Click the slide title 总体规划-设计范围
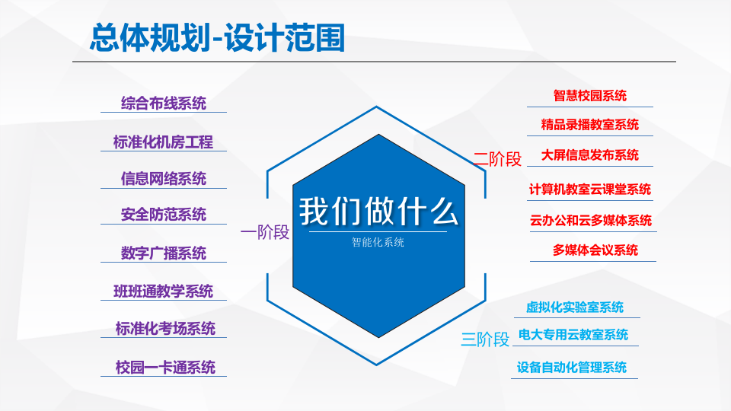(x=217, y=37)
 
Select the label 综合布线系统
(x=164, y=103)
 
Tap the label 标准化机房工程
(x=164, y=142)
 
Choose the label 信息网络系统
(x=164, y=178)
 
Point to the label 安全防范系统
(x=164, y=215)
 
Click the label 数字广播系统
(x=164, y=253)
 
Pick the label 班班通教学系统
(x=164, y=291)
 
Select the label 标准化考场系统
(x=165, y=329)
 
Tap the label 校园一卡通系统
(x=165, y=367)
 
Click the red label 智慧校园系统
(x=590, y=95)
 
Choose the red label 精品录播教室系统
(x=590, y=125)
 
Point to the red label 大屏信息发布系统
(x=590, y=155)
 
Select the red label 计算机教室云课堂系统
(x=590, y=189)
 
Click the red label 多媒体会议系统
(x=595, y=250)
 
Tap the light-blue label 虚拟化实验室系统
(x=575, y=307)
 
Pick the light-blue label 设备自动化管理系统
(x=572, y=367)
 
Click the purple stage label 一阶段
(x=265, y=232)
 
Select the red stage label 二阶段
(x=497, y=159)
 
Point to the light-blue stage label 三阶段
(x=485, y=339)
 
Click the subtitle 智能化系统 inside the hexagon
(x=378, y=244)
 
